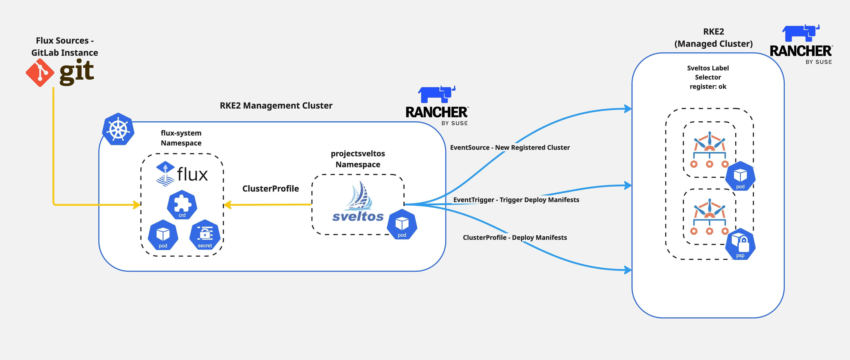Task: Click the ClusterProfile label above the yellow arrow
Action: tap(271, 188)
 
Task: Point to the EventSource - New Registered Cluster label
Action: tap(510, 147)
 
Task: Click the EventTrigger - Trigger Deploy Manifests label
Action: tap(516, 200)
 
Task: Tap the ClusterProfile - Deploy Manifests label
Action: tap(515, 238)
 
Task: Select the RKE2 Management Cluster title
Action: tap(276, 106)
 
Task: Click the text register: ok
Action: tap(708, 86)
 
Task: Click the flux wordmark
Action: tap(192, 174)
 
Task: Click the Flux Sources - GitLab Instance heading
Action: tap(65, 46)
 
